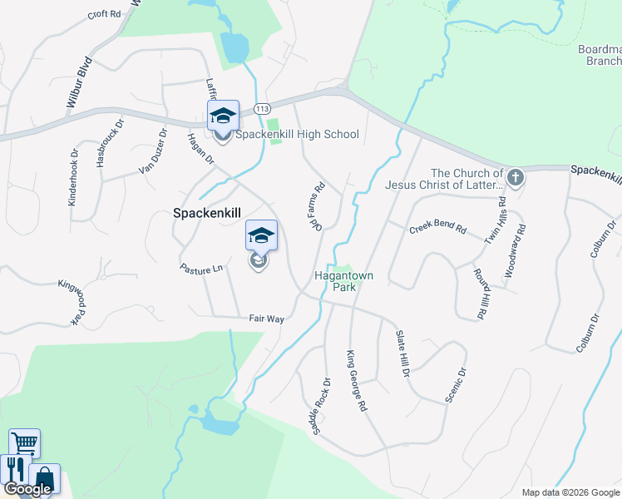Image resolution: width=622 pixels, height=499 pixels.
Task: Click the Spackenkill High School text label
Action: (x=298, y=135)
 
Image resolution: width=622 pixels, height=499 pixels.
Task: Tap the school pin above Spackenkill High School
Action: (x=223, y=116)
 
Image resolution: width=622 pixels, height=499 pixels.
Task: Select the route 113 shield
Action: (x=263, y=109)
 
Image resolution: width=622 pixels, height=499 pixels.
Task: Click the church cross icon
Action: (x=515, y=177)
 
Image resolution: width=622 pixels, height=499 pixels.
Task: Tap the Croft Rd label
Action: (x=104, y=14)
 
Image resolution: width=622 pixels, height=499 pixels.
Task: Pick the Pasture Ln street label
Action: (x=202, y=269)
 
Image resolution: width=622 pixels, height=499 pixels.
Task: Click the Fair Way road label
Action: (x=266, y=319)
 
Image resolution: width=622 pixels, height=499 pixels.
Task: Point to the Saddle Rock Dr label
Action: (x=319, y=406)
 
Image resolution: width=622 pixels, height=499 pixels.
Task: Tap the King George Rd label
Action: (x=356, y=382)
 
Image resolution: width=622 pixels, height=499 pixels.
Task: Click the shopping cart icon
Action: (x=24, y=442)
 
